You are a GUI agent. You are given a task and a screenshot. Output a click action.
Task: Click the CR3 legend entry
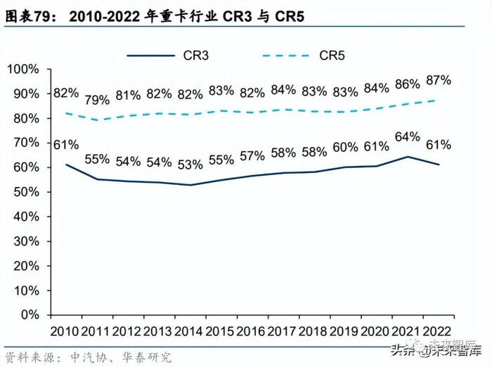193,56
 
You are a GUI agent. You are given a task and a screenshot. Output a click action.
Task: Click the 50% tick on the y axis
27,192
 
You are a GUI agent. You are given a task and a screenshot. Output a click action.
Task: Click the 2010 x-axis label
65,331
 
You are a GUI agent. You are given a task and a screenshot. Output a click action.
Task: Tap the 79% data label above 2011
98,99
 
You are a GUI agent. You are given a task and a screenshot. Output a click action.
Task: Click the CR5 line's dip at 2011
98,120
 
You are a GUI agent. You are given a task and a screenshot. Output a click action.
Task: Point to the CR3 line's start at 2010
66,165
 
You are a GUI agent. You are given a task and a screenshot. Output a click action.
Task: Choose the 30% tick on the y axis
27,241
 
